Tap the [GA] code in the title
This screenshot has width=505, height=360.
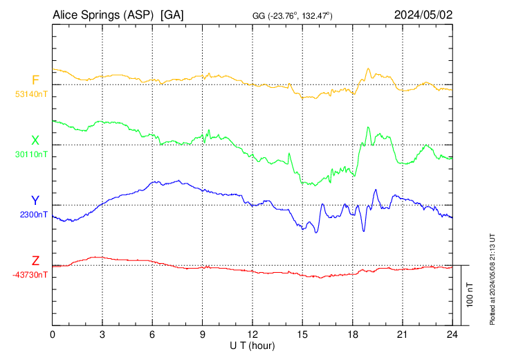point(172,15)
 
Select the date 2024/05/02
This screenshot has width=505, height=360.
point(422,15)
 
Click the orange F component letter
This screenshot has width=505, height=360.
point(35,80)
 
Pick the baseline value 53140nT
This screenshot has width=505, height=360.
point(32,94)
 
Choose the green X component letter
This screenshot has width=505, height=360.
point(35,141)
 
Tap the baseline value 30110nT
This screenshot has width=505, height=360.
point(32,154)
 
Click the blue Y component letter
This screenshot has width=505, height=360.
point(35,201)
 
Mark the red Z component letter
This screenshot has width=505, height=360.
point(35,261)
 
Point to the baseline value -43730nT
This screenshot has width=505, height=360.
point(30,275)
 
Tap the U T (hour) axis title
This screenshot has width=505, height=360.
point(252,345)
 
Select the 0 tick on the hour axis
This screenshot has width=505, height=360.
point(53,334)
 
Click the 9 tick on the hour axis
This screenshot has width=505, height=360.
point(203,334)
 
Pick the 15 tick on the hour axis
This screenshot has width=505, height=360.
point(302,334)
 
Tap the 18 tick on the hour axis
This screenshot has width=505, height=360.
point(352,334)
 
